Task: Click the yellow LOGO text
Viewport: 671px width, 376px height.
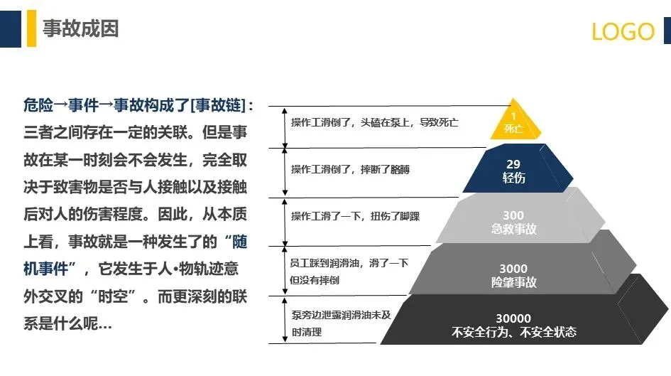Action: coord(623,31)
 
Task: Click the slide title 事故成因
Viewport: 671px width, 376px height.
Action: coord(80,28)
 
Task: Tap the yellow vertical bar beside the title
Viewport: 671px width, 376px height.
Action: coord(32,28)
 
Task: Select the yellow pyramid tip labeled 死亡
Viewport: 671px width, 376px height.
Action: coord(515,120)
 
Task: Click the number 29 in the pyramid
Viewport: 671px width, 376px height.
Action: coord(513,164)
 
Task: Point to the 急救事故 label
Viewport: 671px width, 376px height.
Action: coord(513,229)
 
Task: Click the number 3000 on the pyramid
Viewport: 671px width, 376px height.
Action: coord(513,269)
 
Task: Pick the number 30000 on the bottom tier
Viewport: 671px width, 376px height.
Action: coord(513,318)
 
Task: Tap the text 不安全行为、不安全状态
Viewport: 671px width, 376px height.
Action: coord(513,332)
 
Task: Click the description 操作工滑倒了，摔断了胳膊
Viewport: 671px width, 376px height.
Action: coord(350,170)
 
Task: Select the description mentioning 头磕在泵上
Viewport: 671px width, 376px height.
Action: coord(374,122)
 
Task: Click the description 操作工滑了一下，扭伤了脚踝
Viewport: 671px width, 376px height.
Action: coord(355,216)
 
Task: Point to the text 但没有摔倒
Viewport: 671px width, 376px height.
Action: coord(315,280)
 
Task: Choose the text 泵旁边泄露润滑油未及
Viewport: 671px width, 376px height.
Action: coord(341,315)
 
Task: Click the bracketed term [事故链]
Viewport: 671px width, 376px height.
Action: coord(217,105)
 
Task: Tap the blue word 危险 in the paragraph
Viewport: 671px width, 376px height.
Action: coord(38,105)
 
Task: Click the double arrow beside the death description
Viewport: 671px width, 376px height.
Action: coord(285,128)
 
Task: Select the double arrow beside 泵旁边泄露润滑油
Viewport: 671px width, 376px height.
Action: coord(285,320)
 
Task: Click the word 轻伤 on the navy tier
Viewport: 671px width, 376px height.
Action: coord(513,178)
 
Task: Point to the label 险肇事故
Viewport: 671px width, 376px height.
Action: coord(513,282)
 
